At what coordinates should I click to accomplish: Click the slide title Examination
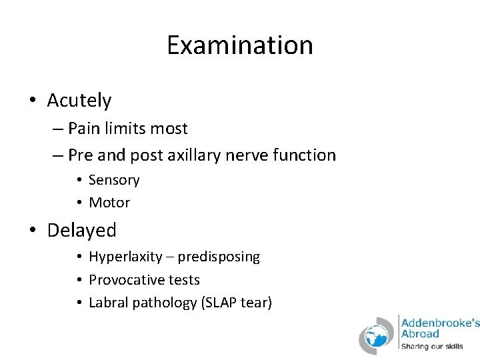point(239,45)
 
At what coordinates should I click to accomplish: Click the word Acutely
point(79,101)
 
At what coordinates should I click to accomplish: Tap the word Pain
point(83,128)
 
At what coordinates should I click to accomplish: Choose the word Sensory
point(114,180)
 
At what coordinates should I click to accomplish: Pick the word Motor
point(109,202)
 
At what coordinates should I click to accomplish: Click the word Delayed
point(81,231)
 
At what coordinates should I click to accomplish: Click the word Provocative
point(127,280)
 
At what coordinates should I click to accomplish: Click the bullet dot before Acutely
point(33,101)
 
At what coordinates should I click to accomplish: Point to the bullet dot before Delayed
point(33,231)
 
